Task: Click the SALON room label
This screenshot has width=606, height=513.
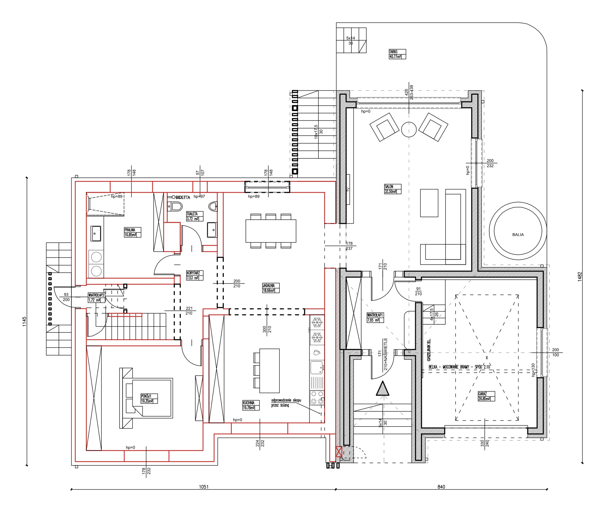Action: tap(392, 189)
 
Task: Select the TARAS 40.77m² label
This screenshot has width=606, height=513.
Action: tap(397, 54)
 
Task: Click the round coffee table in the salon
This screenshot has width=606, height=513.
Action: tap(409, 129)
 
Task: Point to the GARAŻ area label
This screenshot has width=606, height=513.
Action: tap(486, 396)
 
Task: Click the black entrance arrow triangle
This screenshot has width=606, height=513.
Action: tap(383, 389)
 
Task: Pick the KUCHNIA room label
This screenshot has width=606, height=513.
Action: tap(251, 406)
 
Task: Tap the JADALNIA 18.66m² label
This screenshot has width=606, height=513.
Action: tap(271, 288)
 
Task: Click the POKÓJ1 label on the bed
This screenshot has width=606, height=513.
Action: tap(149, 399)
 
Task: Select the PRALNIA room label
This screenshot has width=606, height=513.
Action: tap(132, 232)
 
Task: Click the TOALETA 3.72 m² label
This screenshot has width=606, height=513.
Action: tap(195, 216)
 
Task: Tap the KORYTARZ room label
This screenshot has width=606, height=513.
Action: tap(195, 275)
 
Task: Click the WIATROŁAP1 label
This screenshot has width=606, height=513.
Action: tap(375, 318)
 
